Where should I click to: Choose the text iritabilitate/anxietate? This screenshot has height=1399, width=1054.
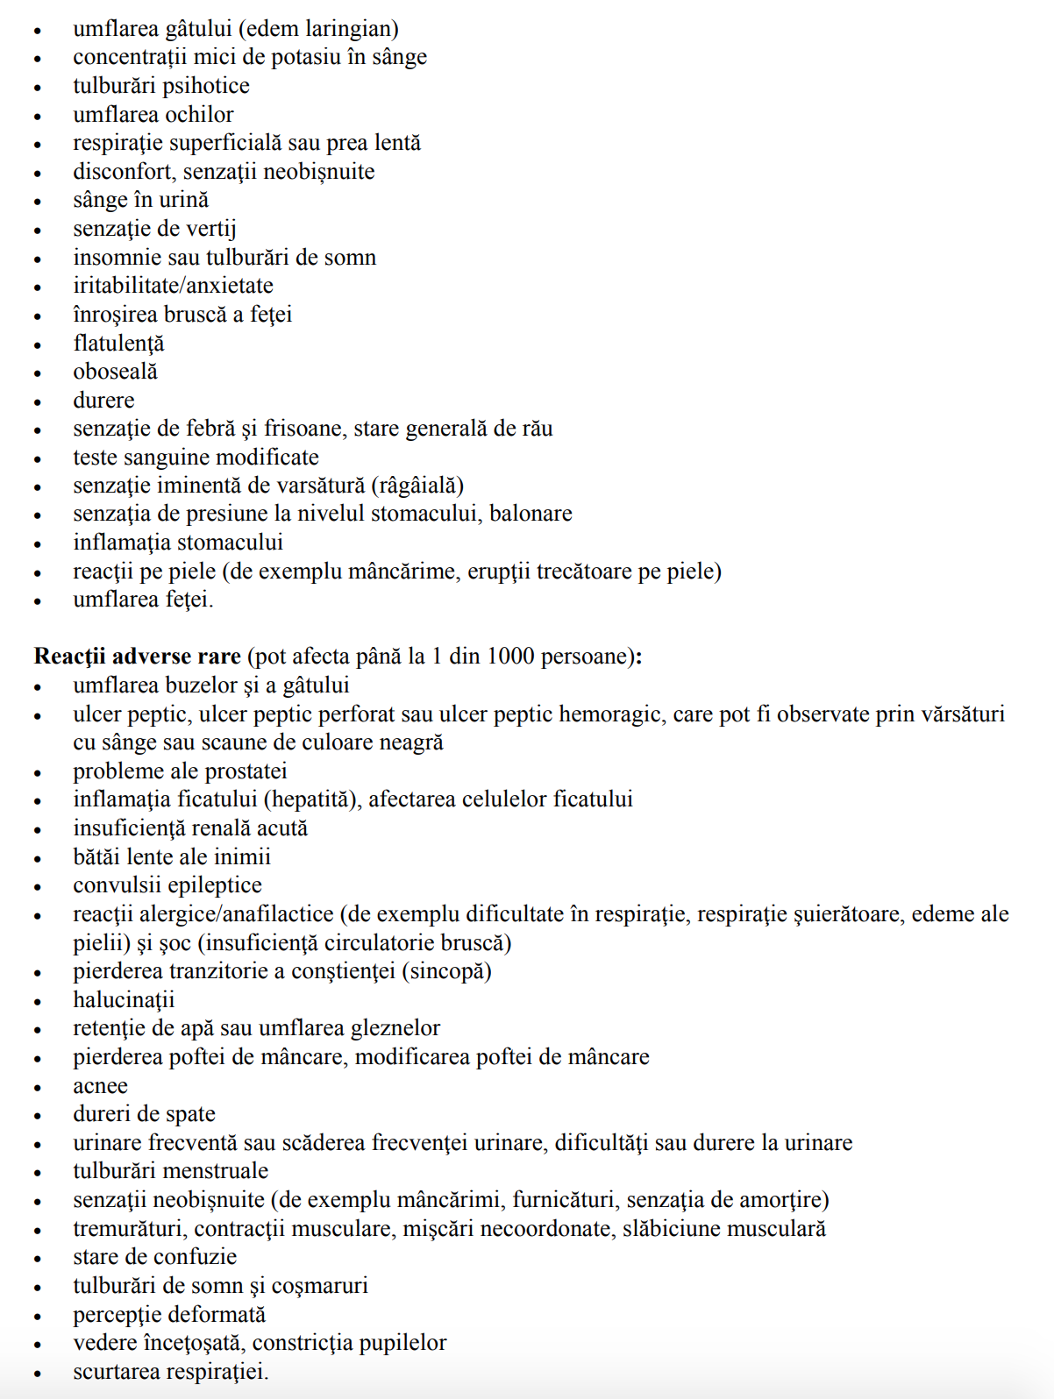point(173,286)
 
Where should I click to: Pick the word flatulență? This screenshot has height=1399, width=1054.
point(118,344)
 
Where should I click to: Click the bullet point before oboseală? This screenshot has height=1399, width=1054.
point(38,373)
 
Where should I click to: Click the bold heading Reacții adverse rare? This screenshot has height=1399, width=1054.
point(137,657)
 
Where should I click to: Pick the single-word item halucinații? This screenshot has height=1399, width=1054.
point(124,1000)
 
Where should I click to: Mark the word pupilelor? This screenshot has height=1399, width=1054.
point(400,1343)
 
